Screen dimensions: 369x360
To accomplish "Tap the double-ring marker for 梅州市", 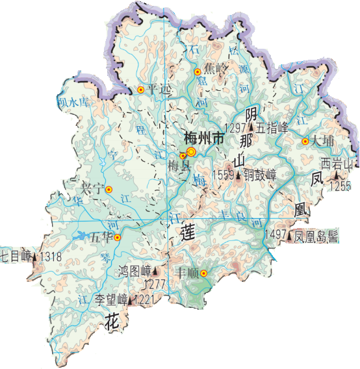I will (191, 152).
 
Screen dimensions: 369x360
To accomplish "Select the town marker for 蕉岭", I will (198, 72).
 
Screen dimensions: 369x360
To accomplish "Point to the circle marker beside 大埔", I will (305, 141).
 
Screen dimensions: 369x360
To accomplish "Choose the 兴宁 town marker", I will (109, 190).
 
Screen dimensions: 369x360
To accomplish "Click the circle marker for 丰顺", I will (203, 273).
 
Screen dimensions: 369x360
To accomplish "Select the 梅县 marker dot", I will (183, 156).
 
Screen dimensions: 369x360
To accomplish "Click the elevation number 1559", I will (223, 175).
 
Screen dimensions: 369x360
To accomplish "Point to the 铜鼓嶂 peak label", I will (259, 175).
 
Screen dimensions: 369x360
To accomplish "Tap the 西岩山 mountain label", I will (338, 164).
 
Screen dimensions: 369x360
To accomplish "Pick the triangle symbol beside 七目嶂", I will (34, 257).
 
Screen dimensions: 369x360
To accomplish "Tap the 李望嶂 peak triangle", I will (132, 300).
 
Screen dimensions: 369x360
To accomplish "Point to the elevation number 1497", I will (276, 236).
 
